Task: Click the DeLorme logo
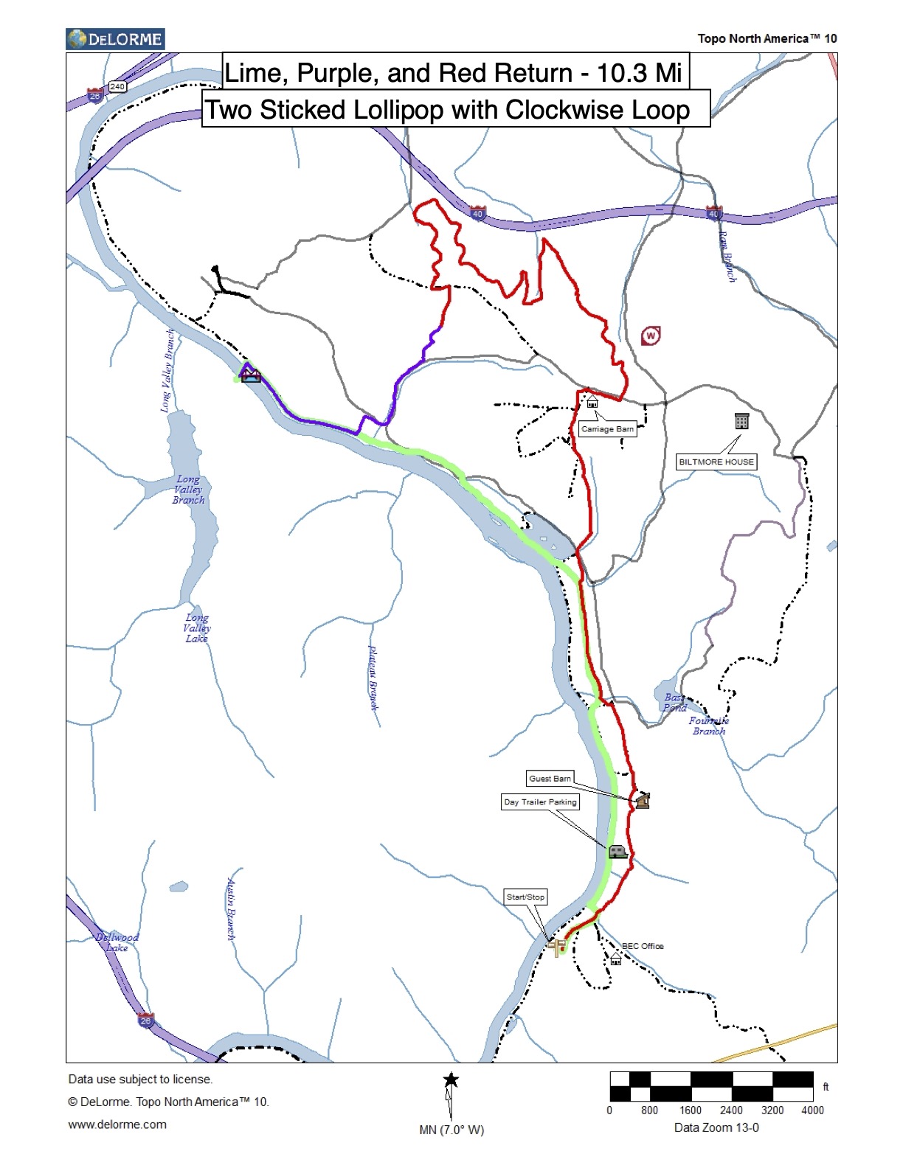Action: pos(115,39)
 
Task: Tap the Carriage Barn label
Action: pos(607,429)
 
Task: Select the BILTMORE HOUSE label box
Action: pos(716,462)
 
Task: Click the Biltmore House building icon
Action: pos(742,421)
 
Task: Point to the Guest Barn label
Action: pos(550,779)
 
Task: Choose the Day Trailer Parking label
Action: pos(540,802)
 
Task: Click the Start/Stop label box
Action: pos(525,897)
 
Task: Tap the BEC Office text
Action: pos(643,946)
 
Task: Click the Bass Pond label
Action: pos(674,703)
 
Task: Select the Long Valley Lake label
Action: pos(197,628)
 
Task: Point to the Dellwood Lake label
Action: pos(117,942)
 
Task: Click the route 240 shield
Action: pos(117,87)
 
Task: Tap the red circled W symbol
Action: pos(651,336)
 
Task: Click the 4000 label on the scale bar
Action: pos(812,1110)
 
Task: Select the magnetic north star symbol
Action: pos(451,1081)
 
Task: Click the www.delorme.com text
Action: pos(117,1124)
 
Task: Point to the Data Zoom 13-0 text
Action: pos(716,1127)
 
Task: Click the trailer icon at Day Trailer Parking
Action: pos(617,852)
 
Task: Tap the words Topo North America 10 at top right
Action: pos(767,39)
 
